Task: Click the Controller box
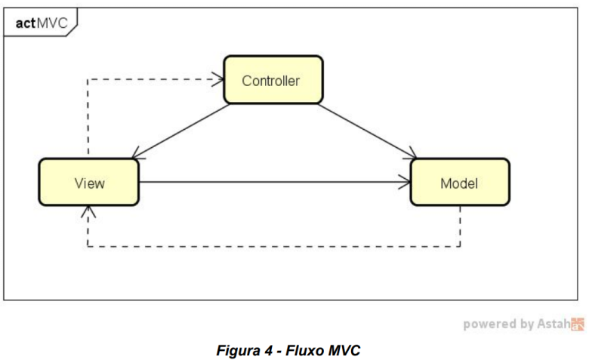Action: tap(273, 79)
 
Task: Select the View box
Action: tap(89, 182)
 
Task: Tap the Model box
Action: tap(459, 182)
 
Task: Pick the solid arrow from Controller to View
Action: tap(181, 131)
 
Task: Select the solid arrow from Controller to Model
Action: tap(366, 131)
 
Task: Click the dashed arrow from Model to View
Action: tap(272, 246)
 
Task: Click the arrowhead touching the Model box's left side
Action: tap(404, 182)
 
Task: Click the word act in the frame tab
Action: tap(25, 24)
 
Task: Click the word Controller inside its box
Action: tap(271, 80)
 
